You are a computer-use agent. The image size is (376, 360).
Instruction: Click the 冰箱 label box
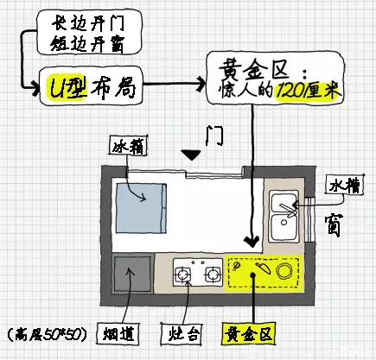click(x=126, y=147)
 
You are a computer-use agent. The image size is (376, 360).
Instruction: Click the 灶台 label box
click(x=178, y=332)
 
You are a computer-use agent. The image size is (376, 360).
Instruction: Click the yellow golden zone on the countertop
click(x=263, y=272)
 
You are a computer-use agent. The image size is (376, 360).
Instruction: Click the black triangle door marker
click(x=192, y=155)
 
